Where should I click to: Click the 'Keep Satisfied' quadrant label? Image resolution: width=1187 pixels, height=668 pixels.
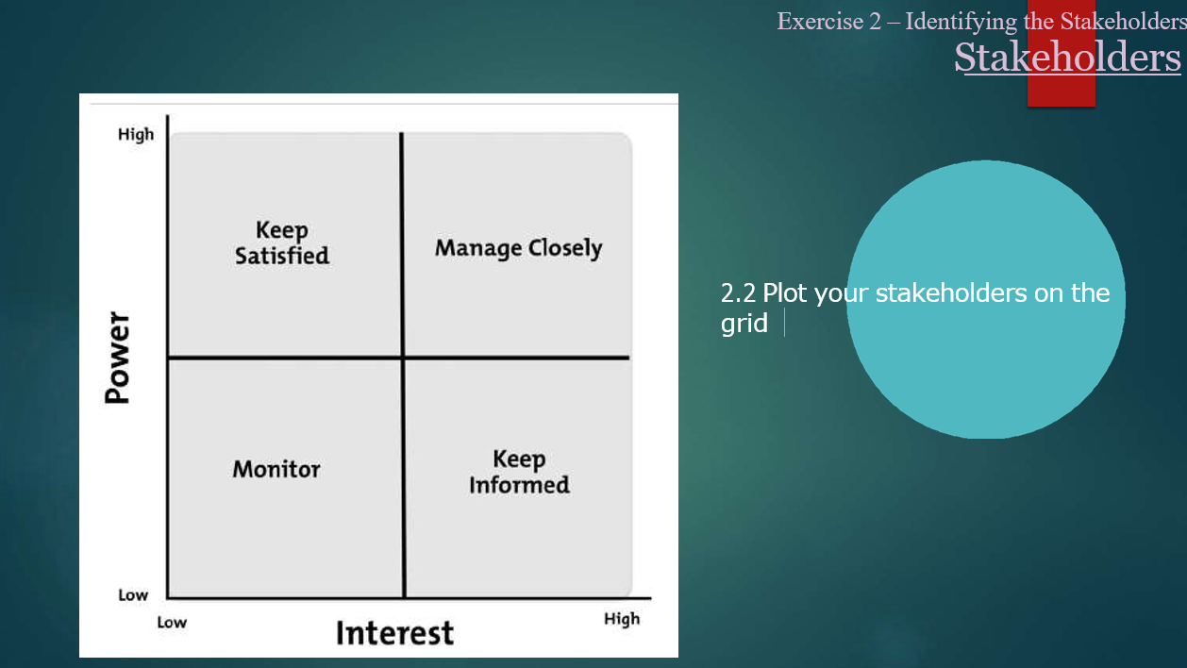pos(282,242)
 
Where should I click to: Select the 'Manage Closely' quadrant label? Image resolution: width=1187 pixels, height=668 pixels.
pos(518,248)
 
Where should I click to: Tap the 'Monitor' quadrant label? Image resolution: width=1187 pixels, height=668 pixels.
pos(276,469)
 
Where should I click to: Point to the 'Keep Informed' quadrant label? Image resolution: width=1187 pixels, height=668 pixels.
pos(519,472)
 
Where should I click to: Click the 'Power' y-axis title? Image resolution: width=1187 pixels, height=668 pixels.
pos(117,358)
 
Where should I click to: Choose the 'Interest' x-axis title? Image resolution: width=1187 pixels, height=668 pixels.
pos(394,632)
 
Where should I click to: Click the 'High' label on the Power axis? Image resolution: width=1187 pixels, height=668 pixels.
pos(136,134)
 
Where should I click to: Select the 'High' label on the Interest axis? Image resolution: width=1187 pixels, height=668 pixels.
pos(622,619)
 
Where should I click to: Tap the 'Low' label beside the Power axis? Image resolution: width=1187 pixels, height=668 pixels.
pos(133,595)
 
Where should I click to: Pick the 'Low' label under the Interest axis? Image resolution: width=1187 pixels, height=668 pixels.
pos(172,622)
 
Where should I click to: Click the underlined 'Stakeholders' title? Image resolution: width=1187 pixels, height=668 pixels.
pos(1067,57)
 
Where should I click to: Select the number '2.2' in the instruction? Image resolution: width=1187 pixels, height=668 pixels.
pos(739,293)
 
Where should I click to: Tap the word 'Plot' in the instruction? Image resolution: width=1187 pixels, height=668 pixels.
pos(785,293)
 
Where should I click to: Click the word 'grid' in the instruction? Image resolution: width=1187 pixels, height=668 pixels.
pos(744,324)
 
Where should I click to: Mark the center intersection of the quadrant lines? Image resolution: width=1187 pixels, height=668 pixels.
pos(403,358)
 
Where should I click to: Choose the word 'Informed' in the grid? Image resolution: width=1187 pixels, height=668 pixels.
pos(519,485)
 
